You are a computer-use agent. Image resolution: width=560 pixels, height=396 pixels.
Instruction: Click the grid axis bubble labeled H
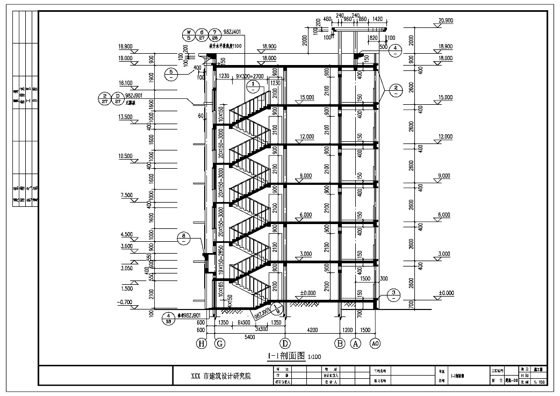202,343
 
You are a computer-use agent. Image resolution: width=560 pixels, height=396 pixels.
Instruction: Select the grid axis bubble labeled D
285,343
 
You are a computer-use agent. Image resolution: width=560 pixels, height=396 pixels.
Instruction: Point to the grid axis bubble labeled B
340,343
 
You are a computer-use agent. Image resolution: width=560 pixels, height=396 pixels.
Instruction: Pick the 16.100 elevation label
126,83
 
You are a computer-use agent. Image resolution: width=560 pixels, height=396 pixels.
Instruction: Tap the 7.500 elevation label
126,195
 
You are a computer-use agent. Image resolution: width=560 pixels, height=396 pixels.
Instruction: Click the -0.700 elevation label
126,303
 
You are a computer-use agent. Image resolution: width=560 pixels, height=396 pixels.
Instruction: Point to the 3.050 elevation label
126,267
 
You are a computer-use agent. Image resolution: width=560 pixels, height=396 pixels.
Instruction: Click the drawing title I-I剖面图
286,356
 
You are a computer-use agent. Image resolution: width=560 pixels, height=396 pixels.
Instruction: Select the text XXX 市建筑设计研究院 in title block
220,377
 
